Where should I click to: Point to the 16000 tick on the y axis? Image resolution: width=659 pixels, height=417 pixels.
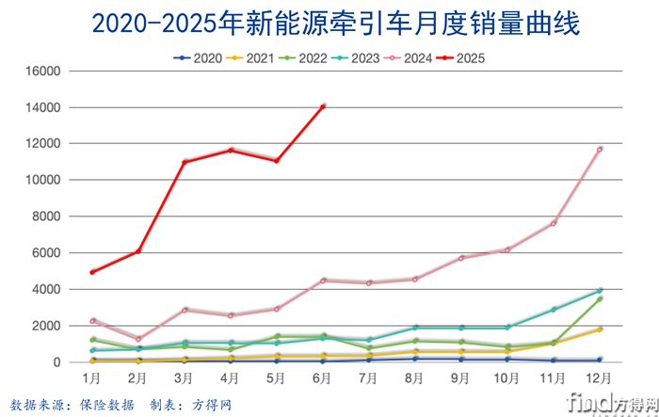tap(41, 71)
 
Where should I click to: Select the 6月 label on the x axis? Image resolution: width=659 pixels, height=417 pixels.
tap(322, 377)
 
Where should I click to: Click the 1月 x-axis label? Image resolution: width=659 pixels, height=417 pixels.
tap(92, 377)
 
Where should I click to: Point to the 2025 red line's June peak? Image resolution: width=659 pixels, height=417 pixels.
tap(323, 106)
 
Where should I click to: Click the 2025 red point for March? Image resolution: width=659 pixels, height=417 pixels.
tap(185, 162)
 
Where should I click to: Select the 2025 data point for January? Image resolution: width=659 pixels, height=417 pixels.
tap(92, 272)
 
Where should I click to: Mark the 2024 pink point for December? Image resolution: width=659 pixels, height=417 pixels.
tap(599, 149)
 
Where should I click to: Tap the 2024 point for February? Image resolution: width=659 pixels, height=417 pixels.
tap(138, 339)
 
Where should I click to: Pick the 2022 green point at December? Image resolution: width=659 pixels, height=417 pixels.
tap(599, 299)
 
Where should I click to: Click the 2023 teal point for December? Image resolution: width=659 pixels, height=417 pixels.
tap(599, 291)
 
